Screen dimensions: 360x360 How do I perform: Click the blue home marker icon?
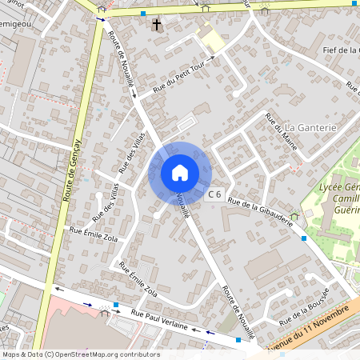pyautogui.click(x=180, y=172)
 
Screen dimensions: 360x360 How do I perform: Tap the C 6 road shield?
pyautogui.click(x=214, y=194)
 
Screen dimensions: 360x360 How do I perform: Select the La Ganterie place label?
pyautogui.click(x=311, y=127)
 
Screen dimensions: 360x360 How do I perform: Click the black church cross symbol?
pyautogui.click(x=157, y=25)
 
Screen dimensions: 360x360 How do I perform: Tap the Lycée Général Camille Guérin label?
pyautogui.click(x=336, y=197)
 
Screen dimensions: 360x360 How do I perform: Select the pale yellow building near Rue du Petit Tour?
pyautogui.click(x=212, y=39)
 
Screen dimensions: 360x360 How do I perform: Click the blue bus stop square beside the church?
pyautogui.click(x=142, y=14)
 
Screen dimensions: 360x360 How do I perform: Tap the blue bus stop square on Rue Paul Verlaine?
pyautogui.click(x=116, y=305)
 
